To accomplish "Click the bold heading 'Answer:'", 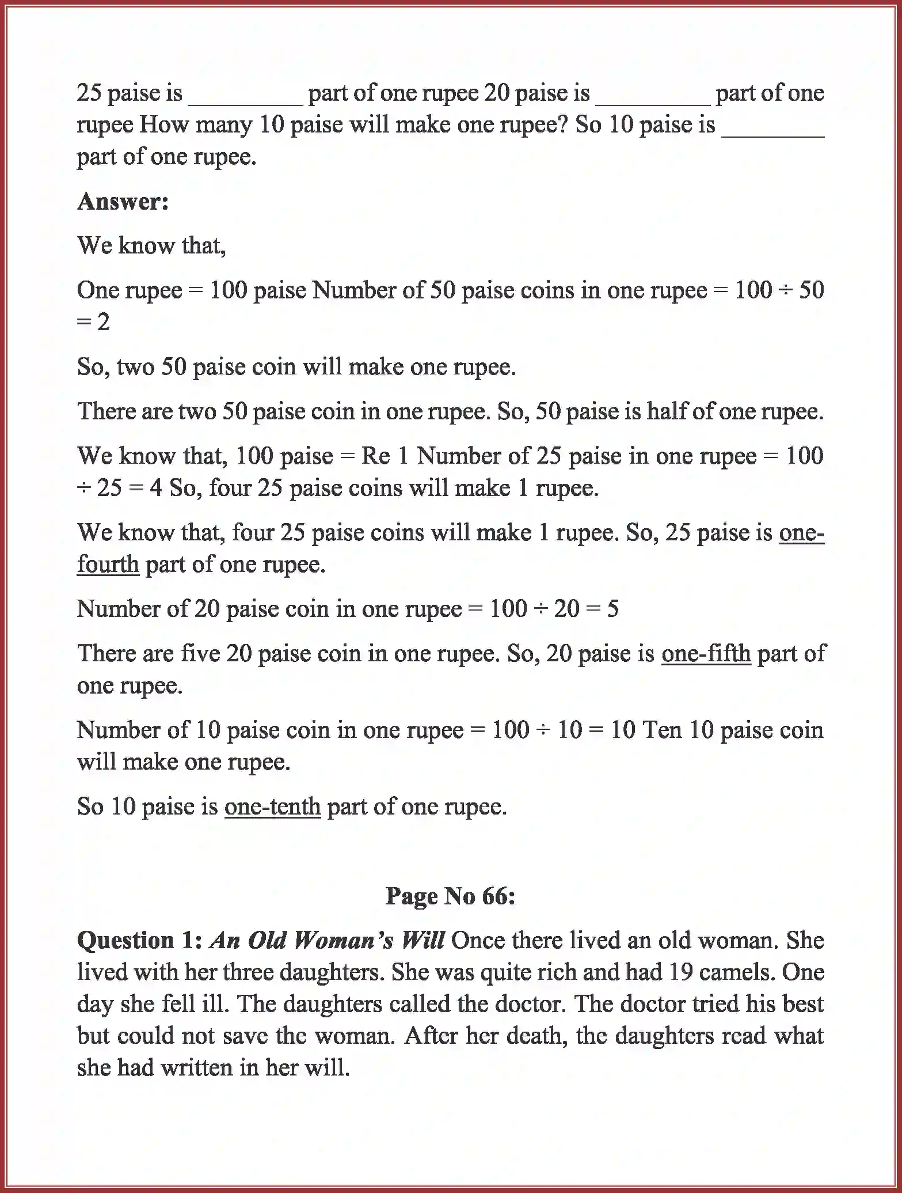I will (123, 201).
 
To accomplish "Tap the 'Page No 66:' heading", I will (450, 896).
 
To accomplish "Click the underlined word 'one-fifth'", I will (706, 653).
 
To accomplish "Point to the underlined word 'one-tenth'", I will (272, 806).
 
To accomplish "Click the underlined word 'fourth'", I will (108, 564).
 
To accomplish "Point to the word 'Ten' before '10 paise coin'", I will (662, 730).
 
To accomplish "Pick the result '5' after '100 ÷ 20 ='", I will (612, 609).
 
